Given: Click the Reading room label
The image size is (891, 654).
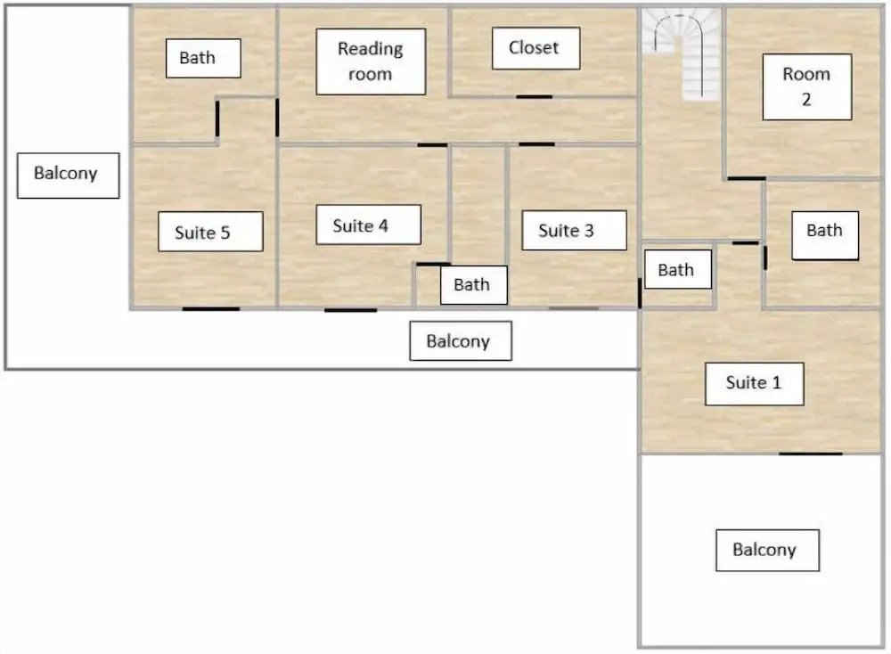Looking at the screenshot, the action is [371, 61].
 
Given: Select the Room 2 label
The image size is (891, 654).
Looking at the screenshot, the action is [807, 87].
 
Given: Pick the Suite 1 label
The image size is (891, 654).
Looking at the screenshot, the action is [754, 383].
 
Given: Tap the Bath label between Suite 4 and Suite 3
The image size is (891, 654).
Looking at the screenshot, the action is [473, 284].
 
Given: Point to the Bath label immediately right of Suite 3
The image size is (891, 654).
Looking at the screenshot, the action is [677, 269].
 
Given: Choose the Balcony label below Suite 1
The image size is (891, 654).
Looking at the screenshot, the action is [767, 550].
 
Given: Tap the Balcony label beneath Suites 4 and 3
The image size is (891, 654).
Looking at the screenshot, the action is [461, 341].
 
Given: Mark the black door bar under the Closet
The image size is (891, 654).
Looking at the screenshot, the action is [534, 96].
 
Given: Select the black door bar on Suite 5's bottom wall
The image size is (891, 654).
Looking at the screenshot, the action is [211, 309].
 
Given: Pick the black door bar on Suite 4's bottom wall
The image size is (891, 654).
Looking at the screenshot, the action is [350, 310].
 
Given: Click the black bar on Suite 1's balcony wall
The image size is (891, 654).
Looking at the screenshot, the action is [810, 454].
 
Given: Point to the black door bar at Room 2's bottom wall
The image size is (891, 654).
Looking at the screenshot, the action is [746, 178].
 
